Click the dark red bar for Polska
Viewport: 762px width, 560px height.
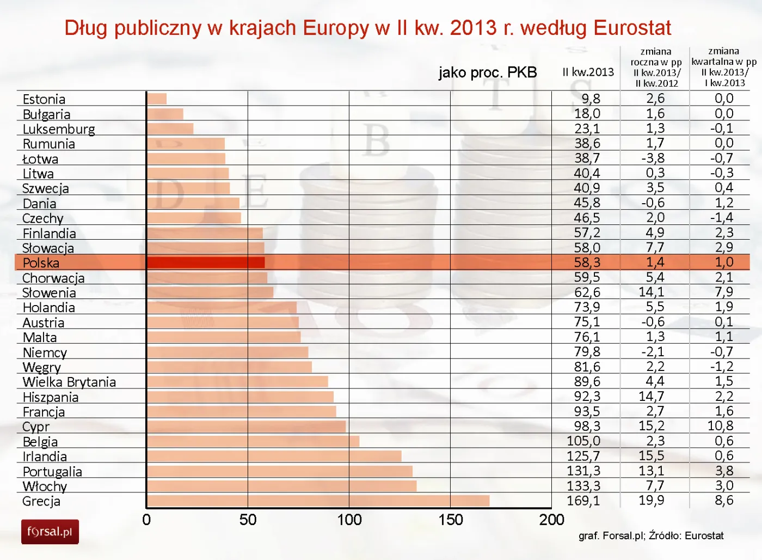pyautogui.click(x=206, y=263)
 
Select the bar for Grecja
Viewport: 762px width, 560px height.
pyautogui.click(x=318, y=501)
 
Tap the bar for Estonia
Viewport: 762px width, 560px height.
pyautogui.click(x=157, y=99)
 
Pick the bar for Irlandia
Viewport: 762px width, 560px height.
pyautogui.click(x=274, y=456)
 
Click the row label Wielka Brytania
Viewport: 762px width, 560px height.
pyautogui.click(x=69, y=382)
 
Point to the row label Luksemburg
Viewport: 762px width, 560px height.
pyautogui.click(x=59, y=129)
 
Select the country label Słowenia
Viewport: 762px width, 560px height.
pyautogui.click(x=49, y=293)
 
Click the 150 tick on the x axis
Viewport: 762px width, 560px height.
pyautogui.click(x=451, y=520)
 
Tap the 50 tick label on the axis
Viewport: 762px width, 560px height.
pyautogui.click(x=248, y=520)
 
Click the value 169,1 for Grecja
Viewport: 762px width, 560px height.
pyautogui.click(x=583, y=500)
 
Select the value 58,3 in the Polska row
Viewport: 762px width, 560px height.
pyautogui.click(x=587, y=262)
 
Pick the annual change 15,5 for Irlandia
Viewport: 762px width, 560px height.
pyautogui.click(x=652, y=455)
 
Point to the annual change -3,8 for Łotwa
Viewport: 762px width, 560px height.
pyautogui.click(x=653, y=158)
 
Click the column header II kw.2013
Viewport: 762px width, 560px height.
pyautogui.click(x=588, y=72)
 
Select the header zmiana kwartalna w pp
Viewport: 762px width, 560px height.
pyautogui.click(x=723, y=67)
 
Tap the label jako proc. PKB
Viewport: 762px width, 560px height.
pyautogui.click(x=488, y=72)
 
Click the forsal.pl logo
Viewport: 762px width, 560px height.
pyautogui.click(x=50, y=532)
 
